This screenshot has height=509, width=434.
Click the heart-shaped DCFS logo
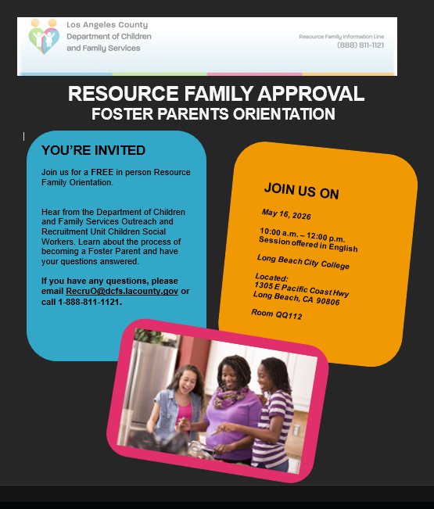pos(44,37)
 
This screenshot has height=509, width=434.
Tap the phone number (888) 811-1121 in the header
pos(360,45)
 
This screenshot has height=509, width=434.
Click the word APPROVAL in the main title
pos(311,94)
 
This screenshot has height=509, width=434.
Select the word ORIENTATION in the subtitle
pos(284,114)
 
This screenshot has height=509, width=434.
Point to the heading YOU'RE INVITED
pos(94,150)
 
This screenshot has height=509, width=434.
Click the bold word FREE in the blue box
pos(102,172)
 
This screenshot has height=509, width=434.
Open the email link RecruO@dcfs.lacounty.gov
pos(122,291)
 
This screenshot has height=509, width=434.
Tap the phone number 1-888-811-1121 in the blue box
pos(88,302)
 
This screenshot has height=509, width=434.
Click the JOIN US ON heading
pos(302,191)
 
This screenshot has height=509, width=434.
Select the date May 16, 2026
pos(286,214)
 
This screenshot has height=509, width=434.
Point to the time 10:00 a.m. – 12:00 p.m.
pos(302,235)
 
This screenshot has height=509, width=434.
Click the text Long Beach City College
pos(303,262)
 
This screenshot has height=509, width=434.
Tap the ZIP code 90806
pos(328,301)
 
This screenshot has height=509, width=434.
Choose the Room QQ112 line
pos(277,314)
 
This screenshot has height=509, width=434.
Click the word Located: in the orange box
pos(271,278)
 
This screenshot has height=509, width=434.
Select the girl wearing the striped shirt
pos(273,412)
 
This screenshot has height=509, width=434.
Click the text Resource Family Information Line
pos(342,37)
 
